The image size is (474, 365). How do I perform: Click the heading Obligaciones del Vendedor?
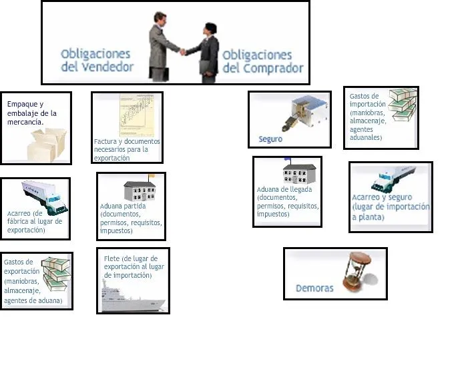tap(96, 60)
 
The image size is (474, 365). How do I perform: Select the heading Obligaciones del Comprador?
tap(262, 61)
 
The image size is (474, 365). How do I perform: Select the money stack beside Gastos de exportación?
tap(56, 274)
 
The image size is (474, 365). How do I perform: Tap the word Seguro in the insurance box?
tap(270, 139)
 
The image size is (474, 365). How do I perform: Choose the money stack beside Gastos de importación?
tap(402, 104)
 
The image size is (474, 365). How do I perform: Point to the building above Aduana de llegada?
tap(299, 173)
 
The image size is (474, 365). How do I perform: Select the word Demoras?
tap(314, 288)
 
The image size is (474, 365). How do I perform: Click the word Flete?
tap(111, 258)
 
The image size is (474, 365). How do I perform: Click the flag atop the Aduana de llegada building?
tap(288, 159)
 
